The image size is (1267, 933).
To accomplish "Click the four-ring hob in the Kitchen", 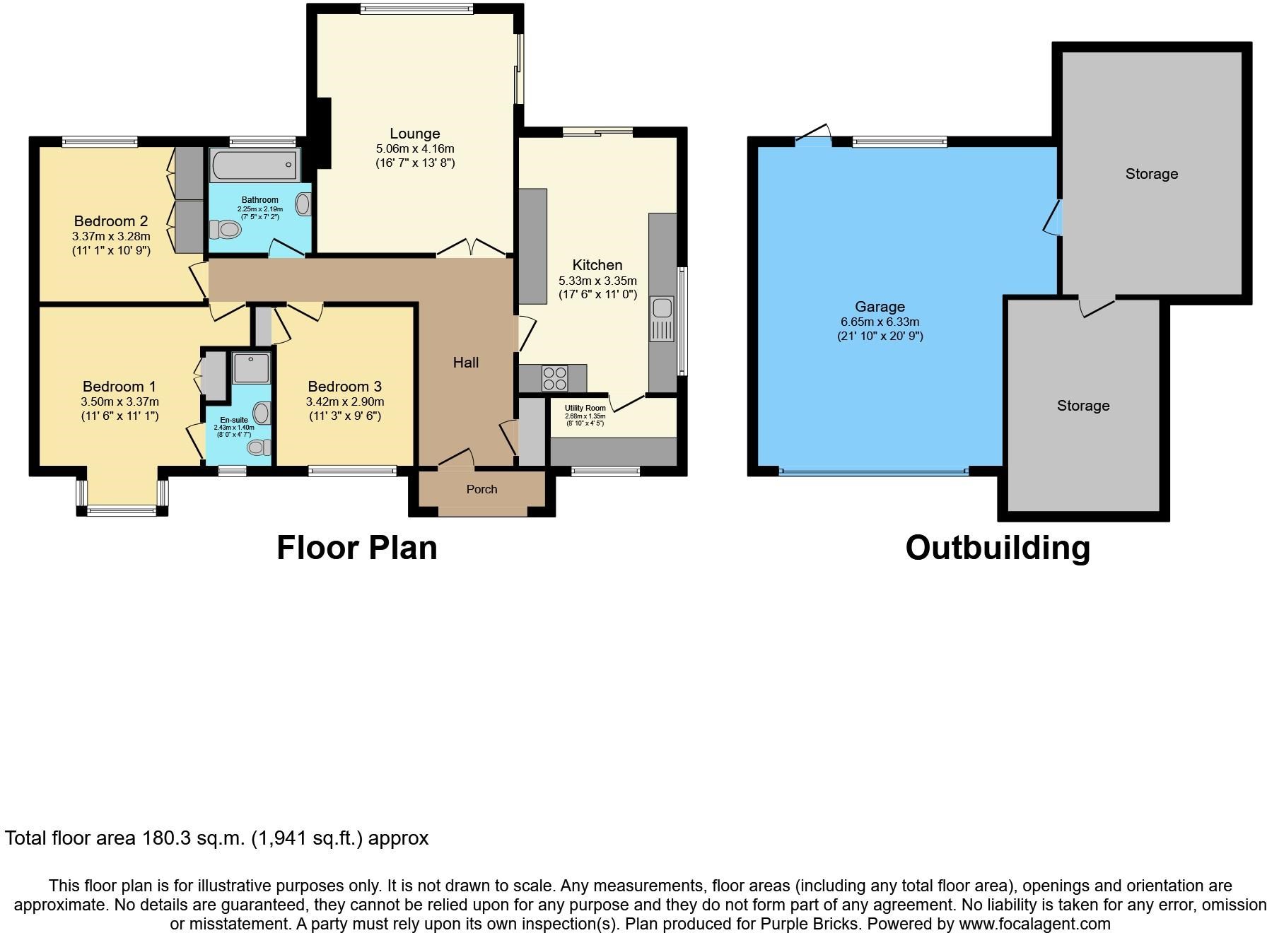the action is click(x=554, y=378).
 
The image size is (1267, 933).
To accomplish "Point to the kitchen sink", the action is click(x=662, y=319).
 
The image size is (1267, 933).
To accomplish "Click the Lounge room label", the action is click(x=415, y=134).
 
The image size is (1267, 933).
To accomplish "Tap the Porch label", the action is click(x=481, y=489).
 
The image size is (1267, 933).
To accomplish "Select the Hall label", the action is click(x=466, y=363).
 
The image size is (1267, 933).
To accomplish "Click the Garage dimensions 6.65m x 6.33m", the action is click(x=880, y=322).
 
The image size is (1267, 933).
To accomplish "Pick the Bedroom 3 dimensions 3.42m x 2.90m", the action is click(x=345, y=401).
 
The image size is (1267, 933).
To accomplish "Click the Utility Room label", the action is click(x=585, y=408).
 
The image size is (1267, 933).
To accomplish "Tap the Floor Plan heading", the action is click(x=356, y=548).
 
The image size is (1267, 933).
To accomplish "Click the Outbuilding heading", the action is click(x=998, y=548).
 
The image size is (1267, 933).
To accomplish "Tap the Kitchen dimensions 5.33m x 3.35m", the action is click(x=597, y=281).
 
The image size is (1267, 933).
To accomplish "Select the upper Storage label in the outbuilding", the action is click(x=1152, y=174).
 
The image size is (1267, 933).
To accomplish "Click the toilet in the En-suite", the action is click(x=260, y=447).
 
